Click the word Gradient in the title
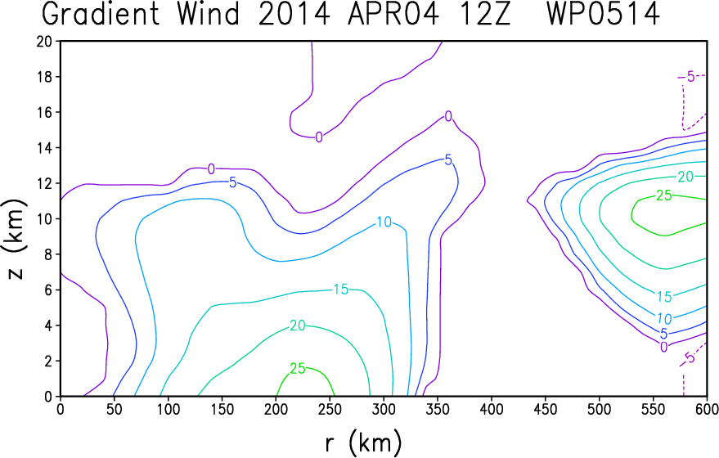[x=101, y=14]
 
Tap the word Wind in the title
[x=209, y=14]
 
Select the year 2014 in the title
[x=294, y=14]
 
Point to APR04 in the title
[x=393, y=14]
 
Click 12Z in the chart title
[x=483, y=14]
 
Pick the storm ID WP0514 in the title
[x=604, y=14]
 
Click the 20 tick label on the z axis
[x=45, y=41]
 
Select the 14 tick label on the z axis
[x=45, y=148]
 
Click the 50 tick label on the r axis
[x=115, y=409]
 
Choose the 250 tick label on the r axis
[x=330, y=409]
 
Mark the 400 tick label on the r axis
[x=492, y=409]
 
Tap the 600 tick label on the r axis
[x=707, y=409]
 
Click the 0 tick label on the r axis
[x=61, y=409]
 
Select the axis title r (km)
[x=364, y=443]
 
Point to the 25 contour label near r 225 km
[x=298, y=368]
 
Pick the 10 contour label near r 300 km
[x=384, y=222]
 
